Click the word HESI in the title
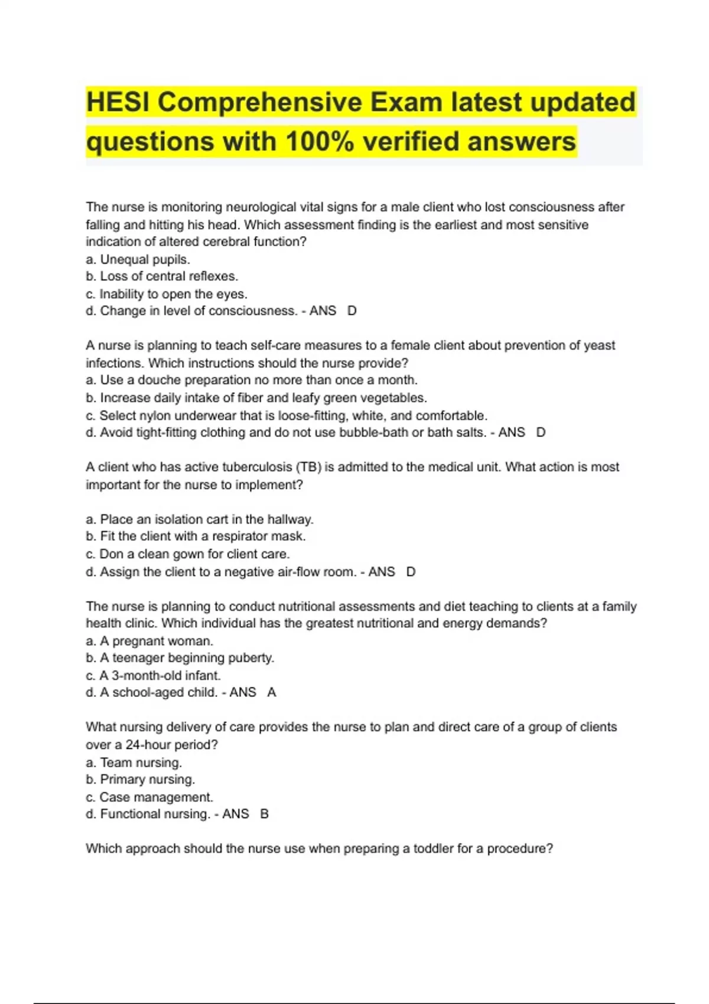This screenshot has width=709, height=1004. coord(118,102)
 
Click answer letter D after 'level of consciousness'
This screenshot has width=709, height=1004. coord(352,311)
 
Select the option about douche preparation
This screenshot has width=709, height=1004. coord(252,380)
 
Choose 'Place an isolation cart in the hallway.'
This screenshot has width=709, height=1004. coord(200,520)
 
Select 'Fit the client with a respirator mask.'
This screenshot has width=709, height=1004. coord(196,537)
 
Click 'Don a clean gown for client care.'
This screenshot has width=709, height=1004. coord(188,555)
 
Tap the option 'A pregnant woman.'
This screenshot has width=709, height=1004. coord(149,641)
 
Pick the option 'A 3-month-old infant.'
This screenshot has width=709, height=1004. coord(153,676)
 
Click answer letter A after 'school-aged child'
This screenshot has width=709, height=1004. coord(272,693)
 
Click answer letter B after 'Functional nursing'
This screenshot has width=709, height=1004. coord(265,814)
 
